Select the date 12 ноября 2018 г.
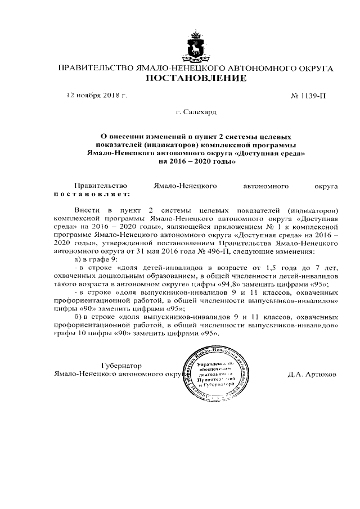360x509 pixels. [x=97, y=95]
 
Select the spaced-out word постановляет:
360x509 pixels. [x=92, y=194]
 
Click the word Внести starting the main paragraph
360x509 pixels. [x=87, y=208]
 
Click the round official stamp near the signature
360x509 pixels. [x=214, y=373]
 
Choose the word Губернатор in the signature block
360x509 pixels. [x=121, y=365]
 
